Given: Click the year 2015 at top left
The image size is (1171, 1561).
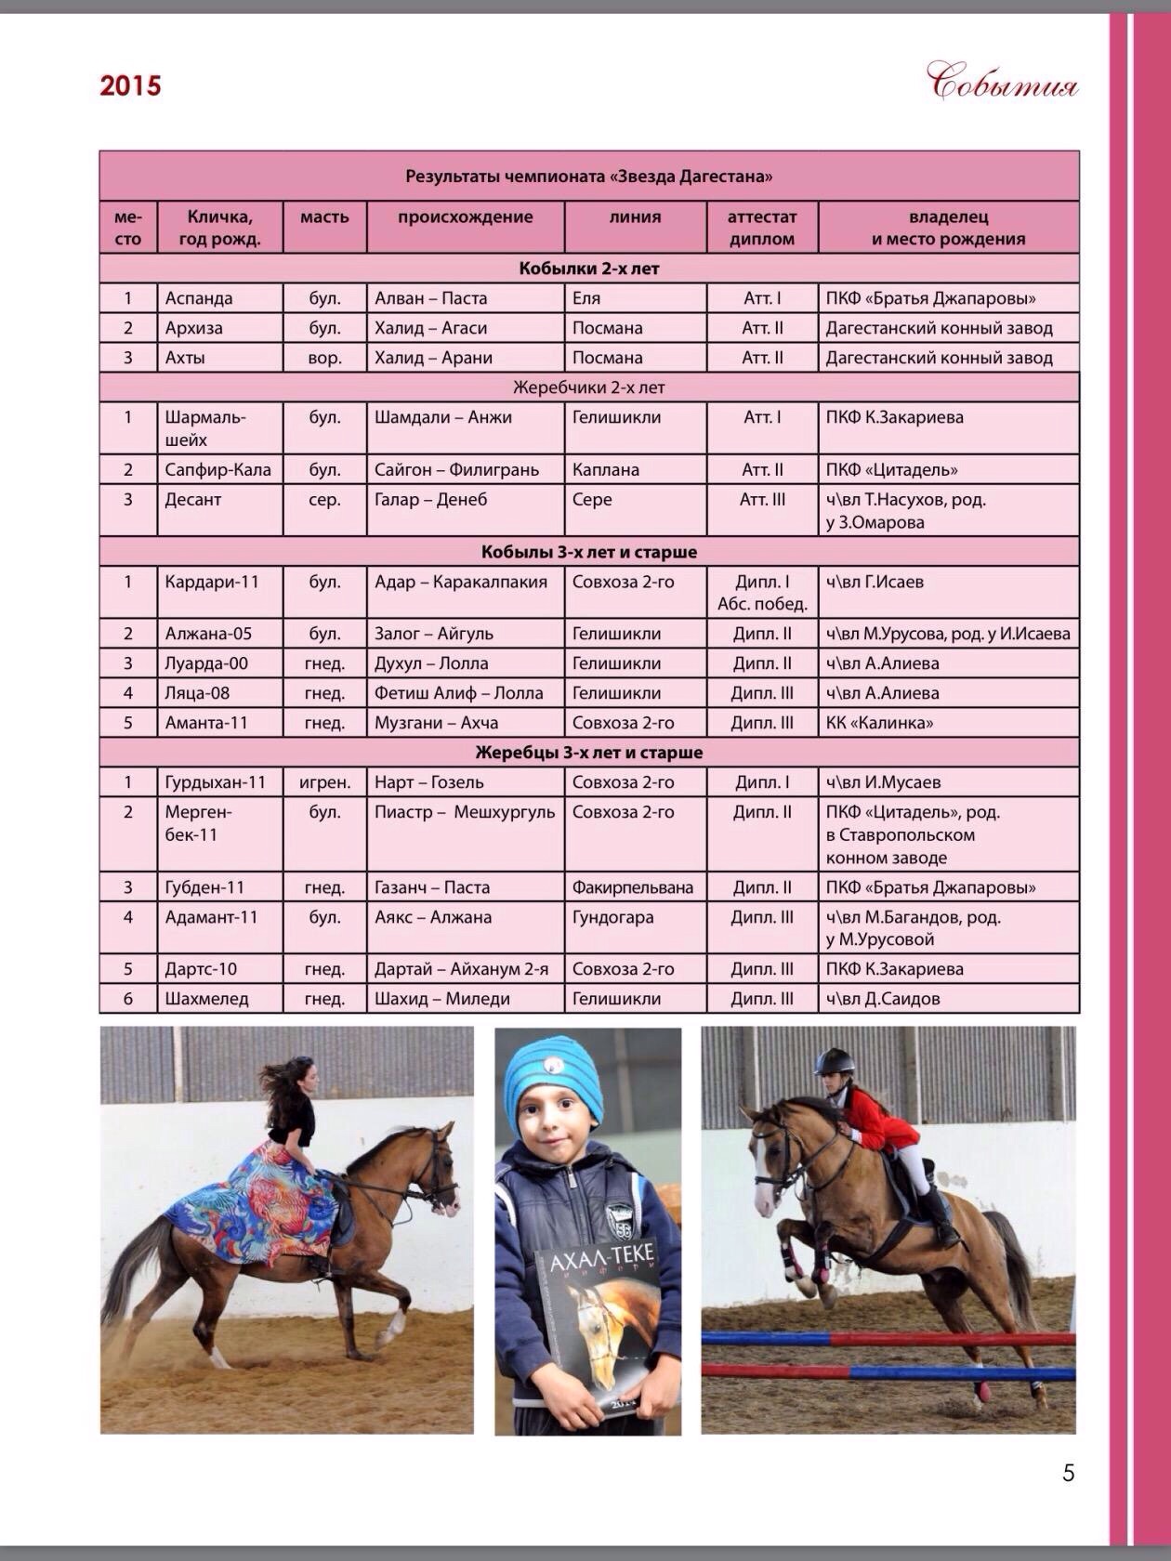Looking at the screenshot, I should (130, 85).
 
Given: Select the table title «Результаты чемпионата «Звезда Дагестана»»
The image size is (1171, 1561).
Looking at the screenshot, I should (588, 176).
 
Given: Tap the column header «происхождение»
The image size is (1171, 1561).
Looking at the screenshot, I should (465, 217).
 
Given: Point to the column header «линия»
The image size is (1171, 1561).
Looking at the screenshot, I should (635, 217).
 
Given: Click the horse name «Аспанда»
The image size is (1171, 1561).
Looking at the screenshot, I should (199, 298).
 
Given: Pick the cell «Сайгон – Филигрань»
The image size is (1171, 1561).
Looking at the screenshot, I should (456, 469).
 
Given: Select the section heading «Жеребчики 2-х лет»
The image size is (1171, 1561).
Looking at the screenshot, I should (588, 387).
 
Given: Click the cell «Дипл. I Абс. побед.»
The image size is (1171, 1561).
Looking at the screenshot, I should (761, 593).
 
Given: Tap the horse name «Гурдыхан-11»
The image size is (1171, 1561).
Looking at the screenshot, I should (216, 782).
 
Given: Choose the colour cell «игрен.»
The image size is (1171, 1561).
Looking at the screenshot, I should (324, 782).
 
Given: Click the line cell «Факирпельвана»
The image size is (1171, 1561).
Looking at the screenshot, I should (632, 887).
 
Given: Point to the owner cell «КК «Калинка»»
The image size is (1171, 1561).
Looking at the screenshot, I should (879, 723).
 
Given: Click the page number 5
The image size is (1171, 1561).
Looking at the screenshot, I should (1068, 1473).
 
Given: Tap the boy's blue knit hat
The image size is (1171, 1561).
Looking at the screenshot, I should (552, 1078).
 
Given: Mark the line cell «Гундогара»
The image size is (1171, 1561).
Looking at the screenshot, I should (612, 917).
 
